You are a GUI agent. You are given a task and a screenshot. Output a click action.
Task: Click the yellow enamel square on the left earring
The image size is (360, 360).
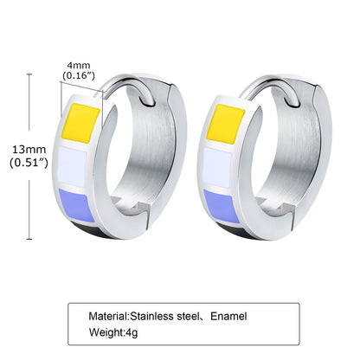[81, 123]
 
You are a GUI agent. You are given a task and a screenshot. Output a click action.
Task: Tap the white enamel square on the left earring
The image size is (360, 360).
[73, 167]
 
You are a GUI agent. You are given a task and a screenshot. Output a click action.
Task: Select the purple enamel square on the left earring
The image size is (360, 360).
[76, 205]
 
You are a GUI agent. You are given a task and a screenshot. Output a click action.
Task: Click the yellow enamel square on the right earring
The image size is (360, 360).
[226, 124]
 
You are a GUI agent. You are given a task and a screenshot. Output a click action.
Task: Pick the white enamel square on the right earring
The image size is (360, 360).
[217, 168]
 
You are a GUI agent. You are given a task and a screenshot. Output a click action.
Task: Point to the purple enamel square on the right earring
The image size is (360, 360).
[222, 206]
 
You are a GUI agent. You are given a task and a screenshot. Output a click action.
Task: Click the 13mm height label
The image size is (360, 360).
[29, 150]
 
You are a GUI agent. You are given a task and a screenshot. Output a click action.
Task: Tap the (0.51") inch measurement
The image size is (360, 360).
[29, 163]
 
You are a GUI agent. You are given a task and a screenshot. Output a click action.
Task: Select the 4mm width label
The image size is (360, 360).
[79, 65]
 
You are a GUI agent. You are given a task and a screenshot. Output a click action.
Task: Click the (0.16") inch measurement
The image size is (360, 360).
[79, 76]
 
